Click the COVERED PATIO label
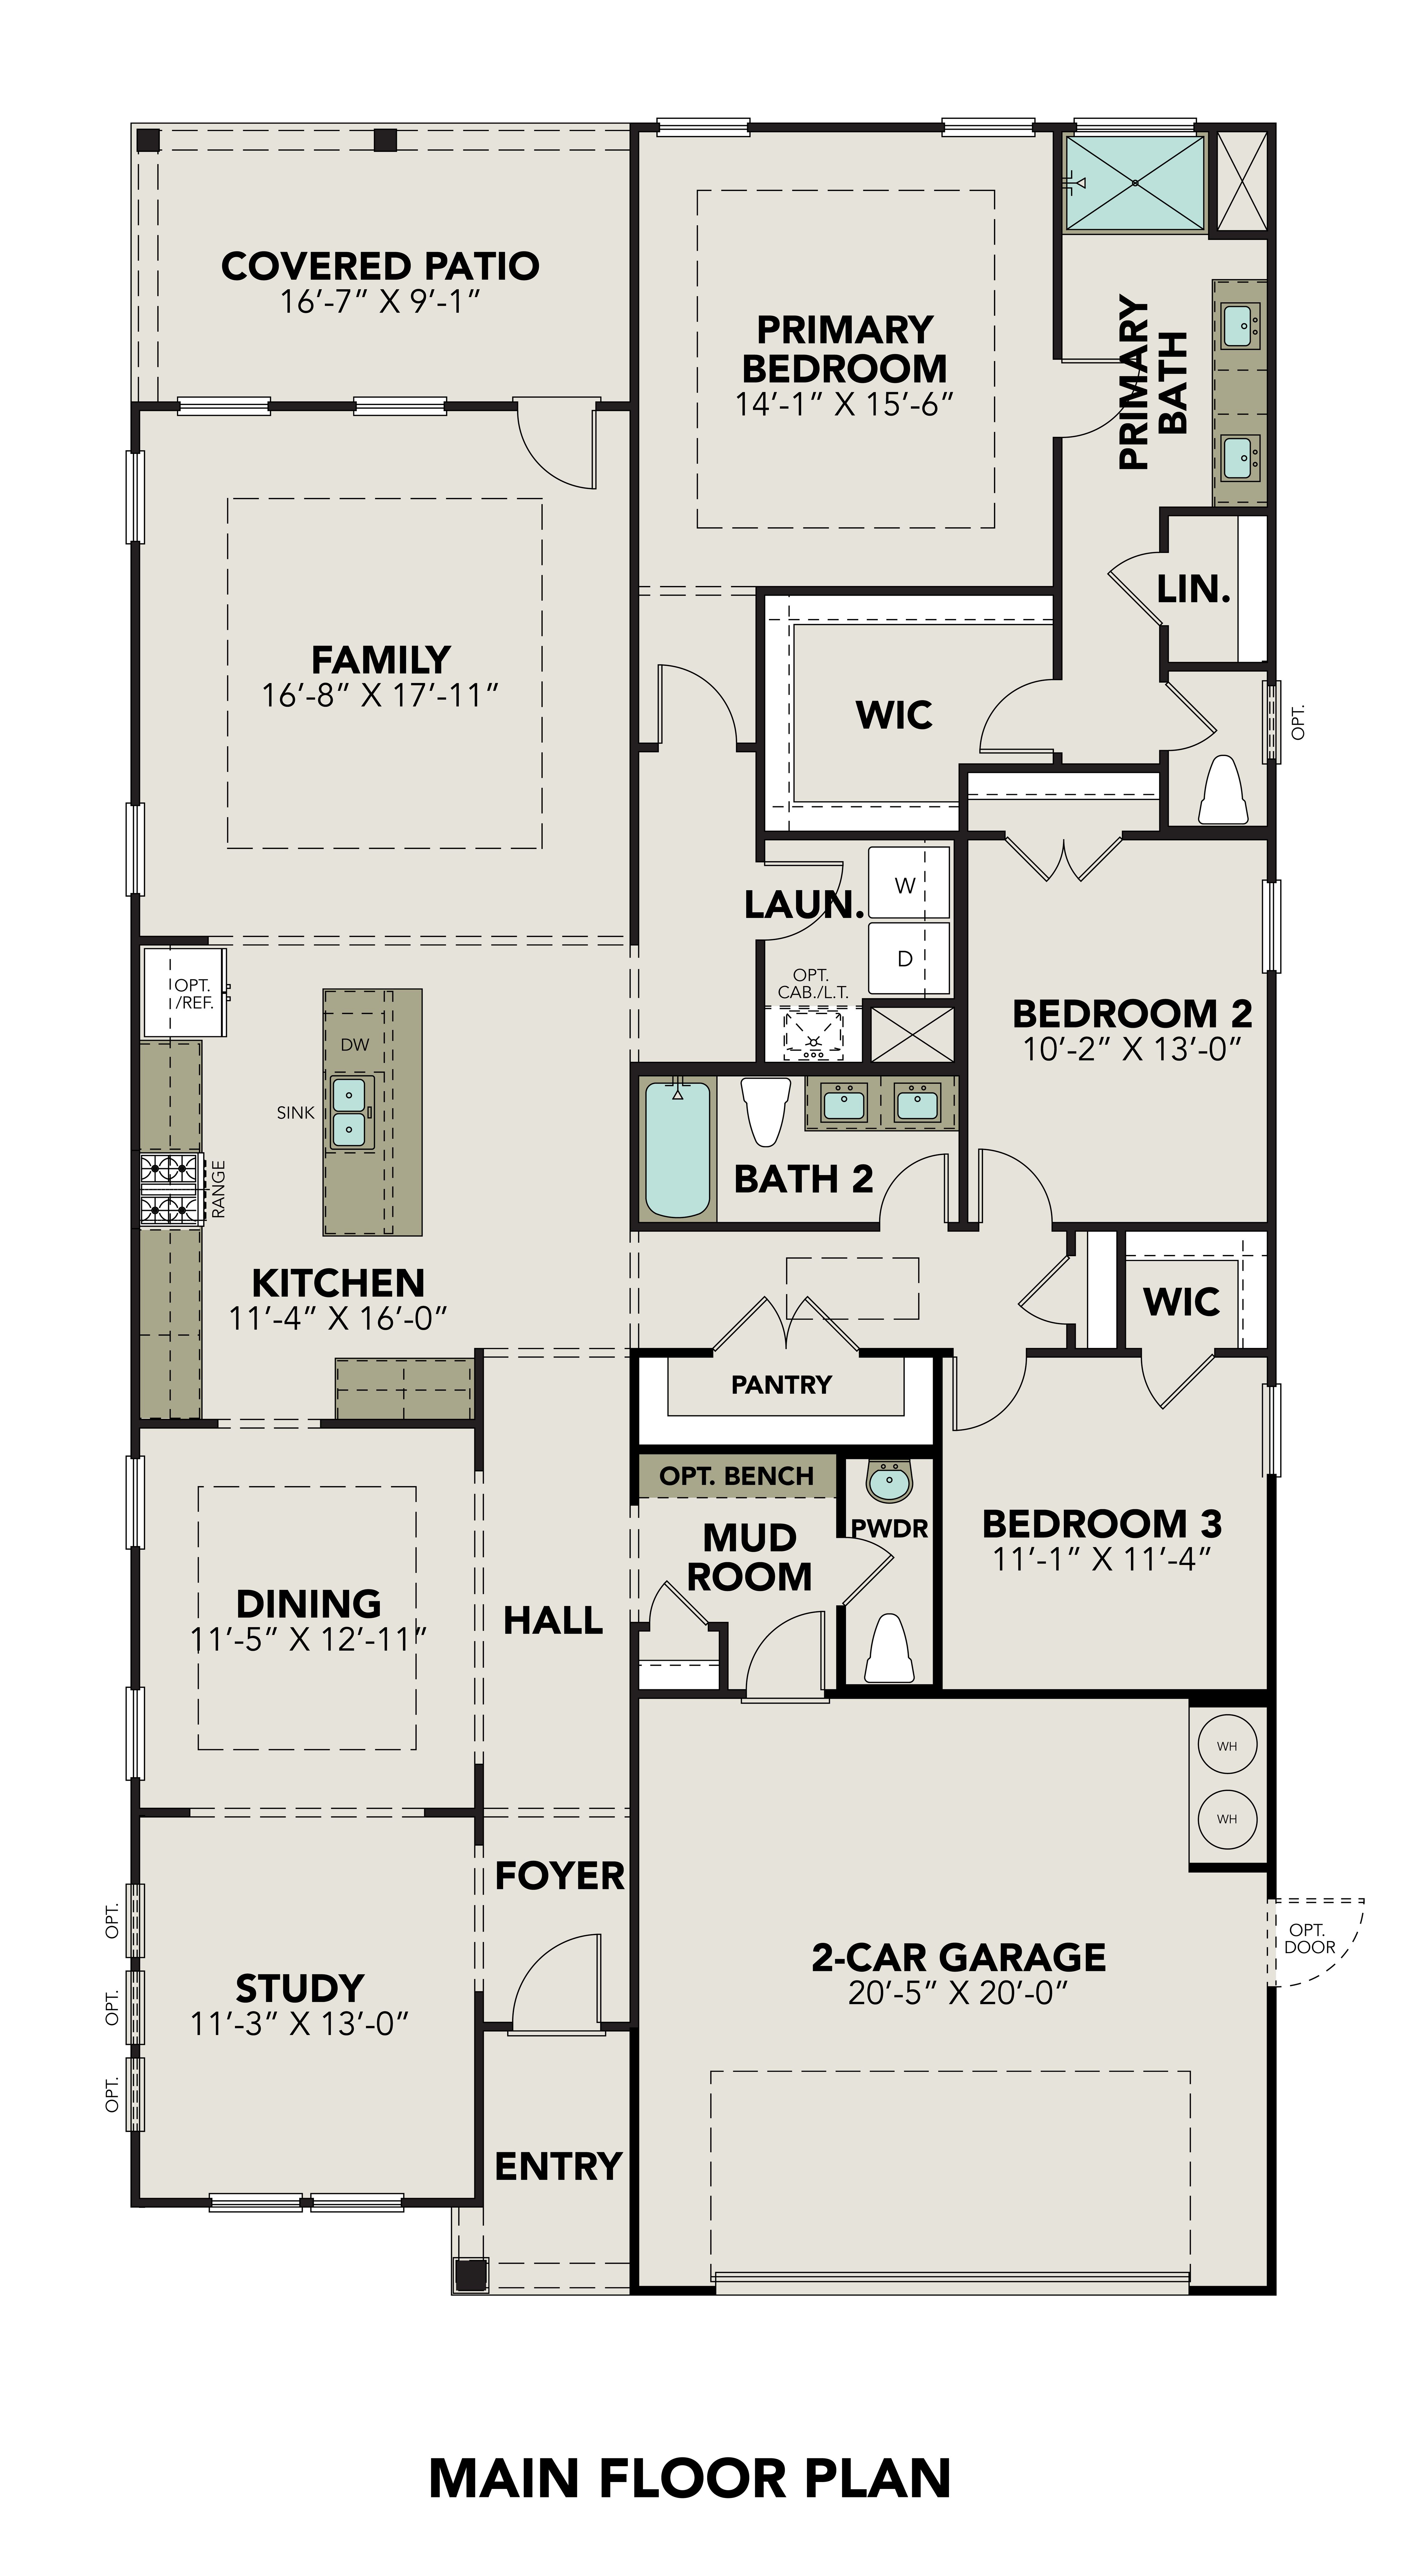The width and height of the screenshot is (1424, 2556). tap(380, 266)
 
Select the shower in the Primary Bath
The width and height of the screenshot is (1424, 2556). tap(1134, 183)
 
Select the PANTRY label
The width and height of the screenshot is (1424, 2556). tap(781, 1384)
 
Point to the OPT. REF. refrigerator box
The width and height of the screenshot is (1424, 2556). tap(187, 992)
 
